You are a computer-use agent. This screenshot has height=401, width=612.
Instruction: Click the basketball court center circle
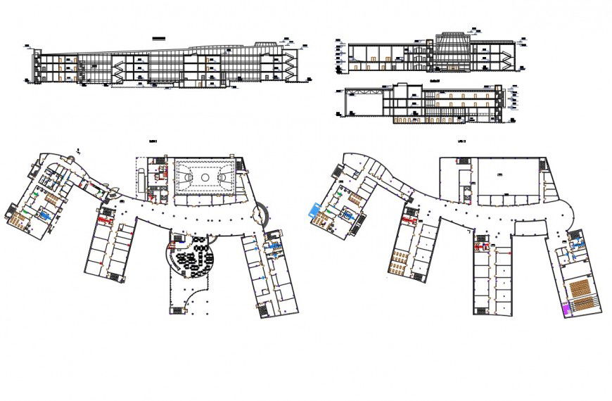[205, 177]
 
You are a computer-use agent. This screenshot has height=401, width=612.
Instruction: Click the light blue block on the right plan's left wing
[314, 210]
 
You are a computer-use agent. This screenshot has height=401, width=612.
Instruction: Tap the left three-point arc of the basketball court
[181, 177]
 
